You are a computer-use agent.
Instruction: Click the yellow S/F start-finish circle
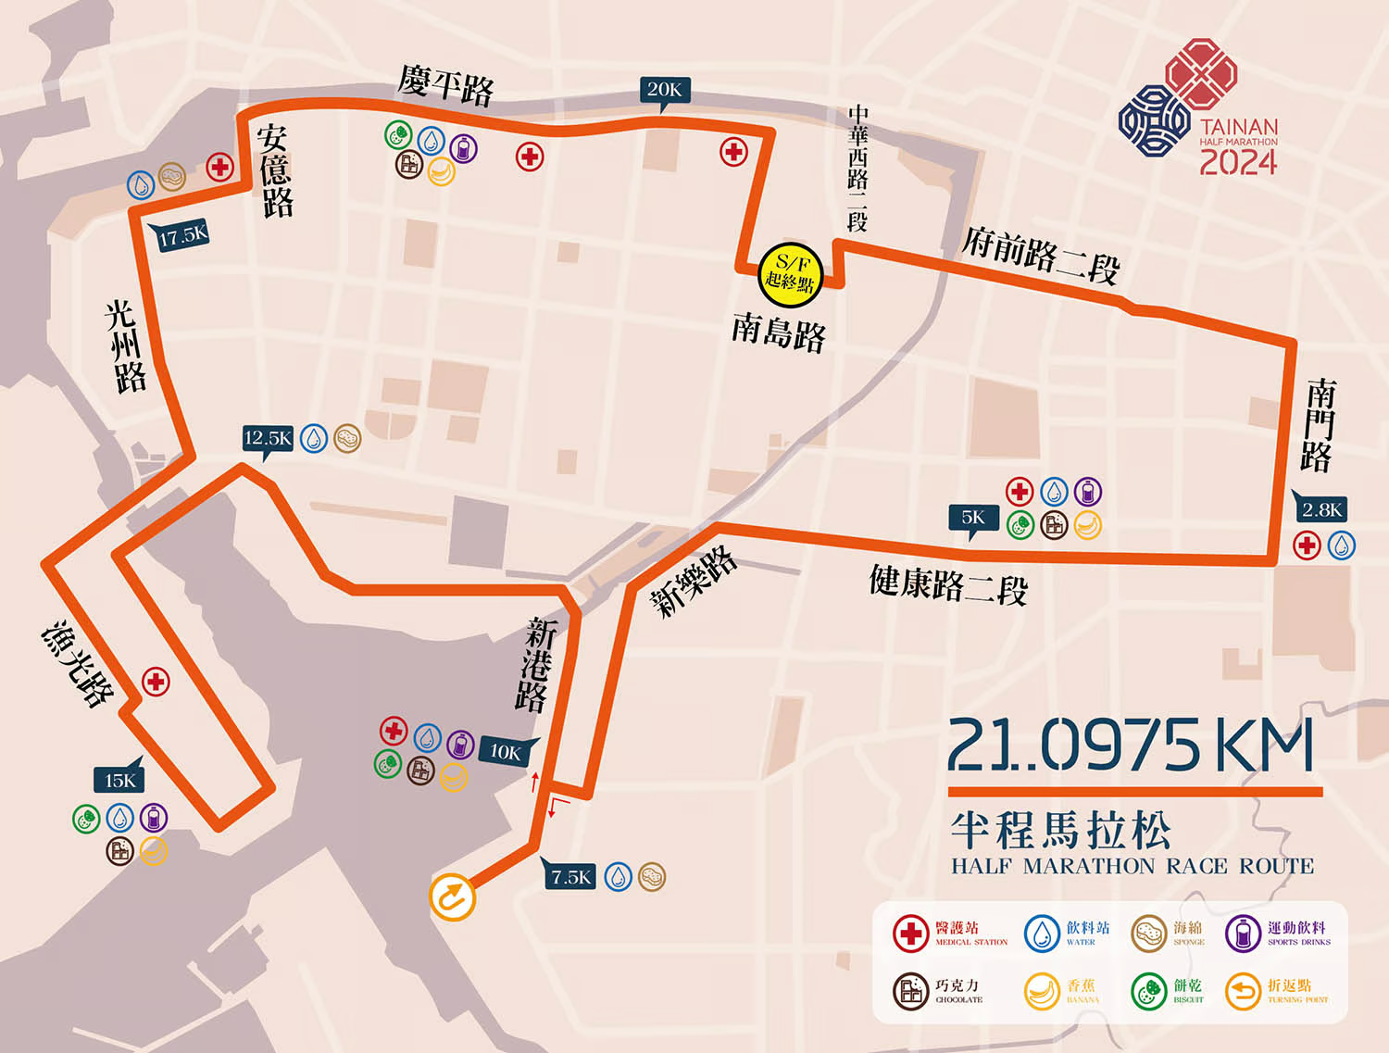coord(790,273)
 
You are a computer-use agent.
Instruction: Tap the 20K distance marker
coord(664,90)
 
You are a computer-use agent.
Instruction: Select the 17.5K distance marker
coord(183,236)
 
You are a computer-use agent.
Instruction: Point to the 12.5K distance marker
coord(268,438)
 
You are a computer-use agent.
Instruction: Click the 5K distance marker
coord(973,518)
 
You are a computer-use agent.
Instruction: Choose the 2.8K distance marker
coord(1321,509)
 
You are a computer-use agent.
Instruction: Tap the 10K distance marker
coord(506,752)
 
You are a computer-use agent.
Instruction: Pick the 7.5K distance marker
coord(570,876)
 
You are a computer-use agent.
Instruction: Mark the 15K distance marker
coord(119,780)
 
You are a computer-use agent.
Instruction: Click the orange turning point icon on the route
coord(453,897)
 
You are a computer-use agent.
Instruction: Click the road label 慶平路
coord(446,85)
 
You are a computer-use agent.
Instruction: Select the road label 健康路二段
coord(948,583)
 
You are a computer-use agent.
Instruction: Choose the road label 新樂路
coord(694,582)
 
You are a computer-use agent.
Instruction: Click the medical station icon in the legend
coord(911,934)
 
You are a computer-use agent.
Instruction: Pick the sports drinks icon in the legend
coord(1243,934)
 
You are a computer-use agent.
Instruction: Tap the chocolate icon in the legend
coord(911,991)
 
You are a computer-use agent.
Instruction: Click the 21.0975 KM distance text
coord(1131,746)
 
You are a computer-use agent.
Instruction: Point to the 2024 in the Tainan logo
coord(1238,162)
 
